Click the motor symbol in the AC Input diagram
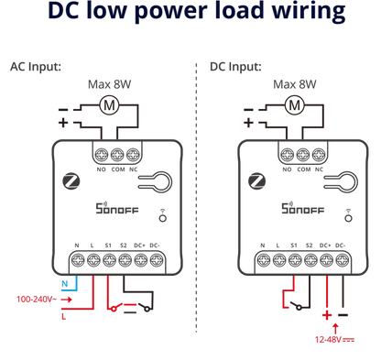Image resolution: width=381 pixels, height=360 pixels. coord(109,105)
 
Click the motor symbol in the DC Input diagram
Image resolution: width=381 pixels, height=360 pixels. coord(295,105)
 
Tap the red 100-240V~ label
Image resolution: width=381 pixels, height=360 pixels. coord(37,300)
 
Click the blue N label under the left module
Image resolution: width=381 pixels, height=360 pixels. coord(65,284)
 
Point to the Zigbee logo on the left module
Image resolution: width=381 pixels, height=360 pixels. coord(71,181)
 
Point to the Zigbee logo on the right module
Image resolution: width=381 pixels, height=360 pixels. coord(257,181)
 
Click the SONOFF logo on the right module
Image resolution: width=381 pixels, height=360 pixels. coord(302,208)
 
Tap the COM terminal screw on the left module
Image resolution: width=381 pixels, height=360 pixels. coord(117,155)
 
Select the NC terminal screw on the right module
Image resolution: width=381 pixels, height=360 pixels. coord(319,155)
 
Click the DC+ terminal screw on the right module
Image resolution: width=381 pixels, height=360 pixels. coord(326,260)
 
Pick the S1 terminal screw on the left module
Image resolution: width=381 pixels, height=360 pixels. coord(109,260)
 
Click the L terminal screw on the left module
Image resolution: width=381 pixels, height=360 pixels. coord(93,260)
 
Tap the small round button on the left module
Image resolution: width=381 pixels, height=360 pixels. coord(163,218)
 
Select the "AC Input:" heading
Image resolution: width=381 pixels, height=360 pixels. coord(36,67)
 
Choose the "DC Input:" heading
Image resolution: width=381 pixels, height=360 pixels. coord(235,67)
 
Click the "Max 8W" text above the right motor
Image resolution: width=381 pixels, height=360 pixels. coord(295,84)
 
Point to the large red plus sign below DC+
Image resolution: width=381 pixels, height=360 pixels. coord(327,315)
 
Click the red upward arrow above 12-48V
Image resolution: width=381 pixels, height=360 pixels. coord(335,329)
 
